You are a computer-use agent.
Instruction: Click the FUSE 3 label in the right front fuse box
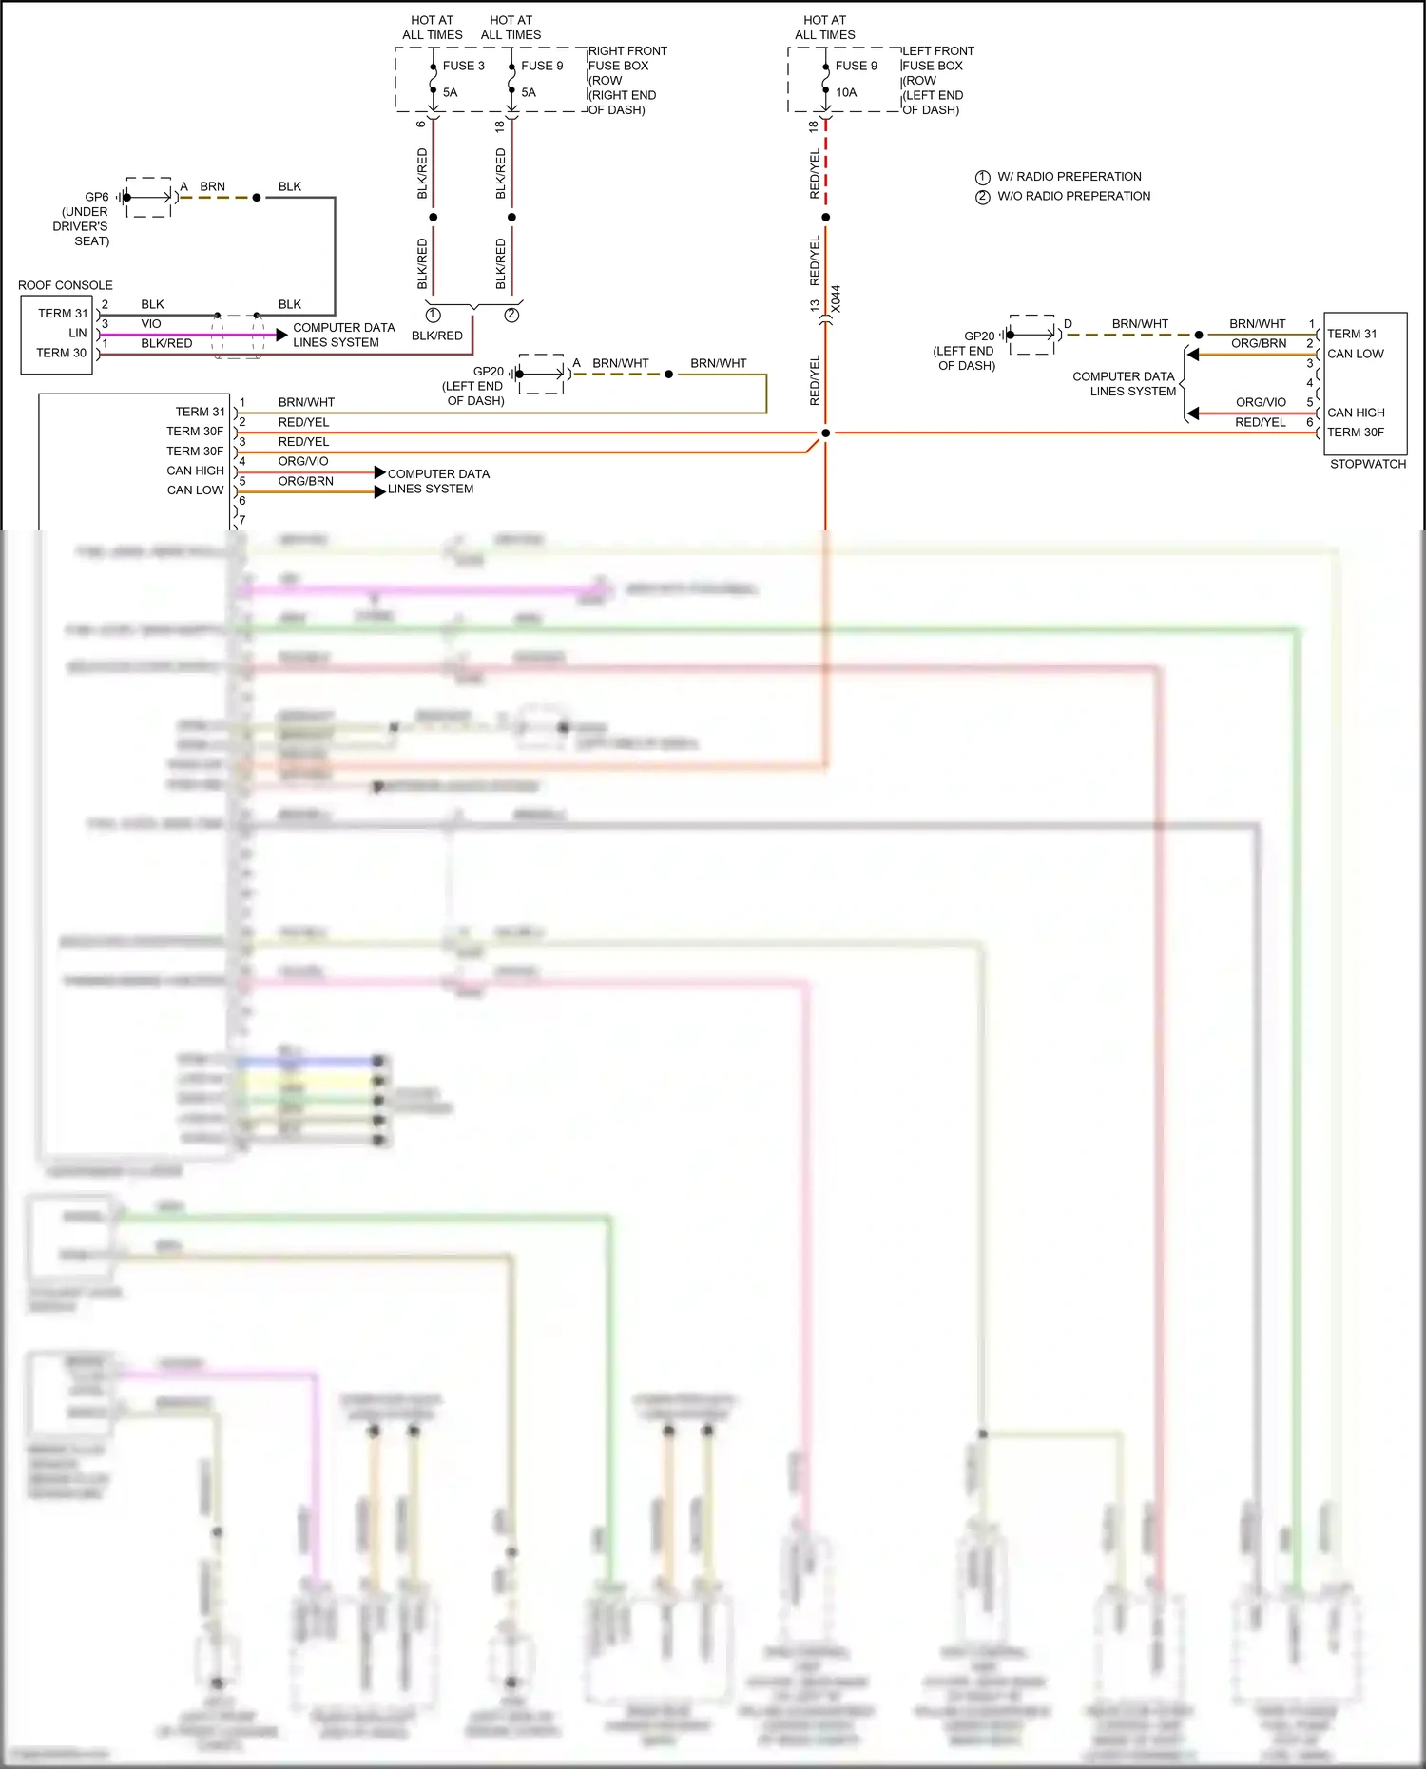(x=463, y=66)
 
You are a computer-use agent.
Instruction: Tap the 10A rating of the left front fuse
(x=846, y=92)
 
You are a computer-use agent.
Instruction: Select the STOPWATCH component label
(x=1367, y=464)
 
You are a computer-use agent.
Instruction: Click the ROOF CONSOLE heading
(x=65, y=285)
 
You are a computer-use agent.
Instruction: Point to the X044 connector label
(x=836, y=299)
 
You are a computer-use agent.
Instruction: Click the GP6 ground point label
(x=97, y=197)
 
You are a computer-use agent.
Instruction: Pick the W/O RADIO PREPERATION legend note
(x=1073, y=196)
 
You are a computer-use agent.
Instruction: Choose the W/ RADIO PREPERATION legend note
(x=1069, y=177)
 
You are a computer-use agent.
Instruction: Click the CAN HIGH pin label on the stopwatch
(x=1356, y=413)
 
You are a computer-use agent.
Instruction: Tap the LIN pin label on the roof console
(x=78, y=333)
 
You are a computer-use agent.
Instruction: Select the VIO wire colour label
(x=151, y=324)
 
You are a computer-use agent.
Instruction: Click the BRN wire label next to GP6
(x=212, y=186)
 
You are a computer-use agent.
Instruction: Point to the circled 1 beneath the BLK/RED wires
(x=434, y=315)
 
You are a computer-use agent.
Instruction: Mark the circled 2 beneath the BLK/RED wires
(x=511, y=315)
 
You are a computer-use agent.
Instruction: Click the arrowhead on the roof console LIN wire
(x=281, y=335)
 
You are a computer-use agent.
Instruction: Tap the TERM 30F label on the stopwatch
(x=1356, y=433)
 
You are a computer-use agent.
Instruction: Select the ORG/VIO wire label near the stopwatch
(x=1261, y=402)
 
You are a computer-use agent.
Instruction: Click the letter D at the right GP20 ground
(x=1068, y=324)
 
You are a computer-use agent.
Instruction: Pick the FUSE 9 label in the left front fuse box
(x=856, y=66)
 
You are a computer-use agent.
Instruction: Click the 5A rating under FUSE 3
(x=450, y=92)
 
